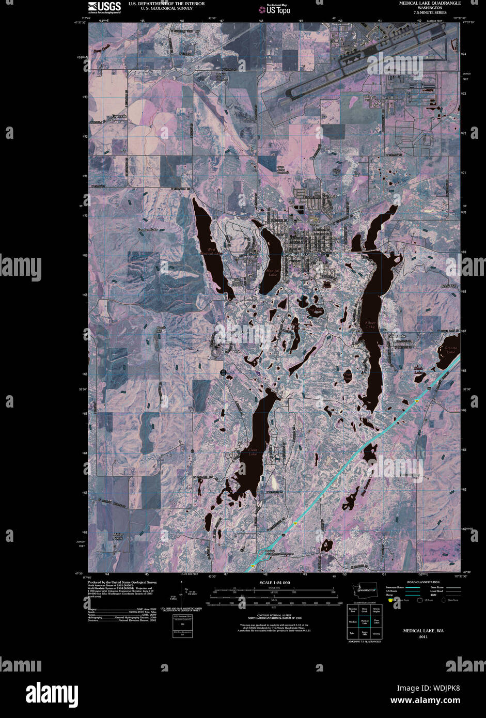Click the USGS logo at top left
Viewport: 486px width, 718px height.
pyautogui.click(x=104, y=7)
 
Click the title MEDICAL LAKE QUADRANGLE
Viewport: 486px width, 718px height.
pyautogui.click(x=430, y=3)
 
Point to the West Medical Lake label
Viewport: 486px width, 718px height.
pyautogui.click(x=212, y=252)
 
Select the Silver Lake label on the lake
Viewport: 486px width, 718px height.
pyautogui.click(x=370, y=325)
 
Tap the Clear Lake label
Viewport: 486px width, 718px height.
pyautogui.click(x=253, y=452)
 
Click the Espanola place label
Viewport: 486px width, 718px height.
pyautogui.click(x=119, y=117)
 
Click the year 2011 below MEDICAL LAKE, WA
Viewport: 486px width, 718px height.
pyautogui.click(x=424, y=637)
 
